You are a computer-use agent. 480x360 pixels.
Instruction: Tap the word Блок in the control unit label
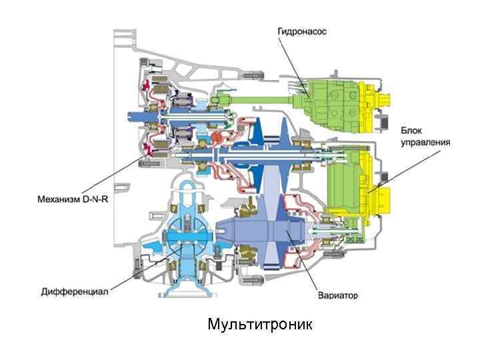pyautogui.click(x=412, y=130)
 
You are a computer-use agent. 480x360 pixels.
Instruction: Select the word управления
pyautogui.click(x=426, y=142)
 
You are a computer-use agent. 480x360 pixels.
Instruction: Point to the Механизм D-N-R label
pyautogui.click(x=71, y=198)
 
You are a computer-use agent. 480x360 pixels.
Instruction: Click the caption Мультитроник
pyautogui.click(x=259, y=325)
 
